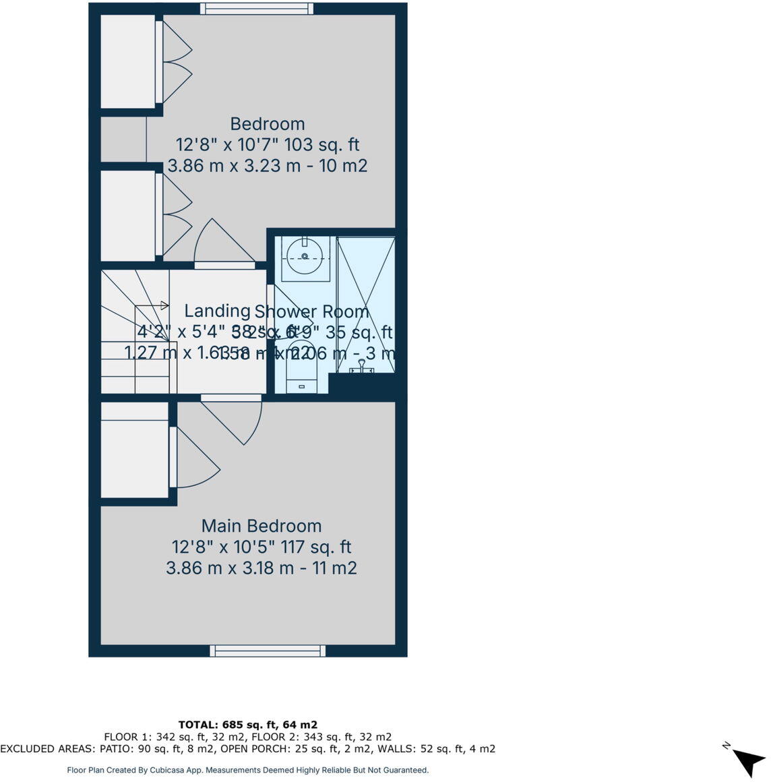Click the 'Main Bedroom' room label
click(x=261, y=526)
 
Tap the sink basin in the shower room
click(x=305, y=256)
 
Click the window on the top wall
click(x=257, y=9)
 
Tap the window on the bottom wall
click(x=268, y=651)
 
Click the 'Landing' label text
click(x=217, y=311)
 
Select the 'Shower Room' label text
click(x=312, y=311)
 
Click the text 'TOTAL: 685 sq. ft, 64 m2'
click(x=248, y=725)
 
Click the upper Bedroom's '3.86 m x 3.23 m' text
click(x=233, y=166)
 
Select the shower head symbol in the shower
click(x=362, y=367)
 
